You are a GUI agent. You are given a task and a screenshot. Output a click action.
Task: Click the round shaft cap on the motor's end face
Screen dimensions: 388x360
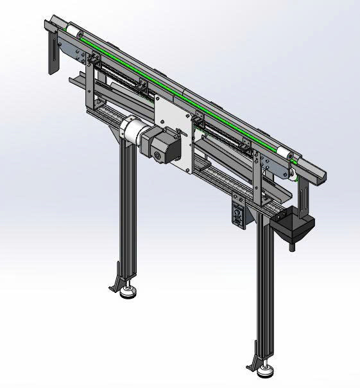point(156,156)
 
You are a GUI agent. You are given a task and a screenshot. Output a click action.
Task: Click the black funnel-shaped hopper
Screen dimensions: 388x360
point(292,225)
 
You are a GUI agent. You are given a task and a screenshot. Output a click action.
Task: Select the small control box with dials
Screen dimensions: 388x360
point(238,215)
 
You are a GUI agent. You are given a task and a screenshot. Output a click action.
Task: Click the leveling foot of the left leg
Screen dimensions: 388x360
point(128,295)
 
